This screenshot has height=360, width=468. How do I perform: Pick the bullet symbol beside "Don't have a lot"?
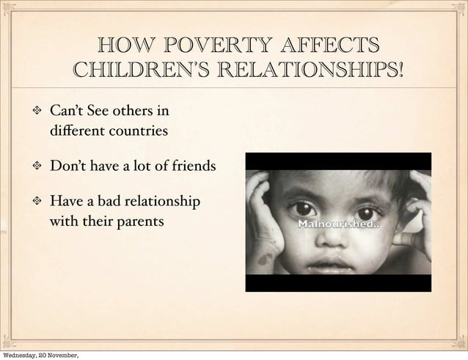click(34, 166)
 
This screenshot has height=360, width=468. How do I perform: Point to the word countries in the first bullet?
click(139, 132)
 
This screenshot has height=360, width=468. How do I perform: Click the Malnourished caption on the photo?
click(337, 224)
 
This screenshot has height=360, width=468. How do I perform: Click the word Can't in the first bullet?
click(67, 112)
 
